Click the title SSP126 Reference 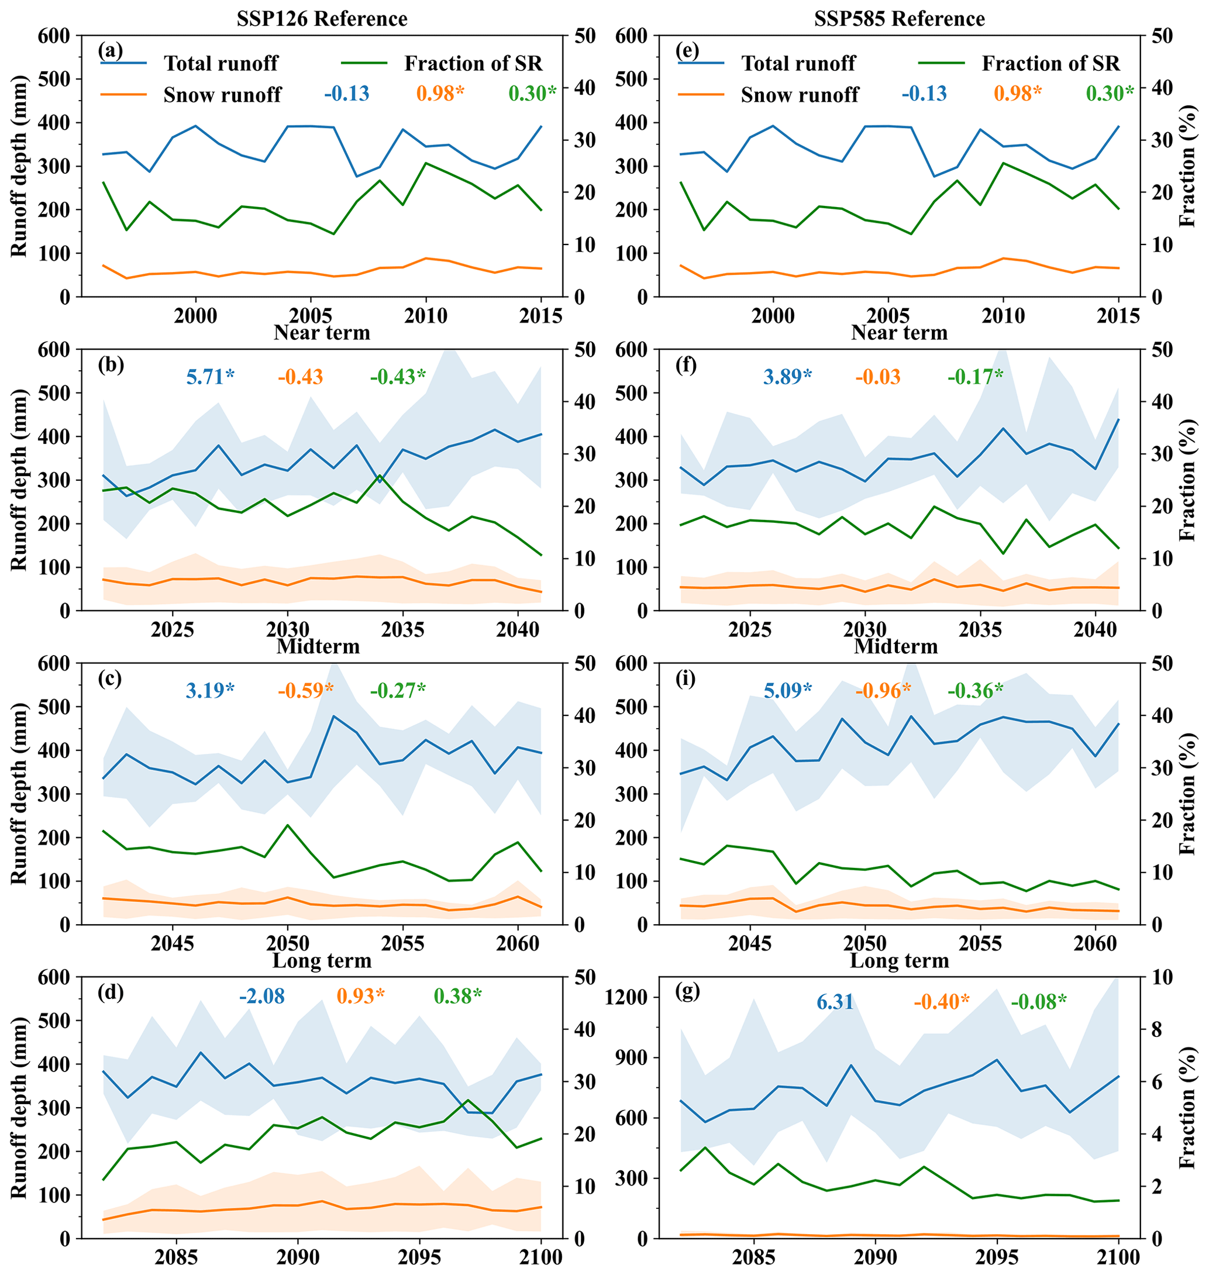click(x=322, y=19)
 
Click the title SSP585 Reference click(x=899, y=19)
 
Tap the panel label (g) click(x=688, y=992)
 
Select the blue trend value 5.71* click(x=210, y=376)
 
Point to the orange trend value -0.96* click(x=883, y=691)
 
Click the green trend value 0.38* click(x=457, y=996)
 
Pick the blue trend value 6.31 click(x=835, y=1002)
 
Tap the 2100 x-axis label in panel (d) click(x=540, y=1257)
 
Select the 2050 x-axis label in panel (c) click(x=287, y=944)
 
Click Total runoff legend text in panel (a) click(x=221, y=63)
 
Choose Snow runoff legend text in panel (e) click(x=799, y=95)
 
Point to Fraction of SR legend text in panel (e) click(x=1050, y=63)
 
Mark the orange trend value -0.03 click(x=878, y=376)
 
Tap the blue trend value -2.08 click(x=261, y=996)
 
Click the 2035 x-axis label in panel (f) click(x=980, y=629)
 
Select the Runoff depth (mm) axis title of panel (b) click(x=19, y=480)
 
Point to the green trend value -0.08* click(x=1038, y=1002)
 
